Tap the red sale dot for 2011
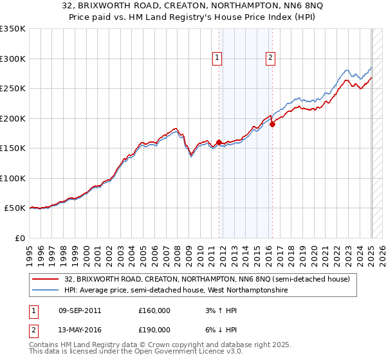pyautogui.click(x=219, y=142)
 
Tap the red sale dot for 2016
pyautogui.click(x=272, y=124)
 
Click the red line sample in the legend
pyautogui.click(x=46, y=280)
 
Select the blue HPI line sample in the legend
pyautogui.click(x=46, y=291)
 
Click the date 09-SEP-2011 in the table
pyautogui.click(x=78, y=310)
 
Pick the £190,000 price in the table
pyautogui.click(x=154, y=330)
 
